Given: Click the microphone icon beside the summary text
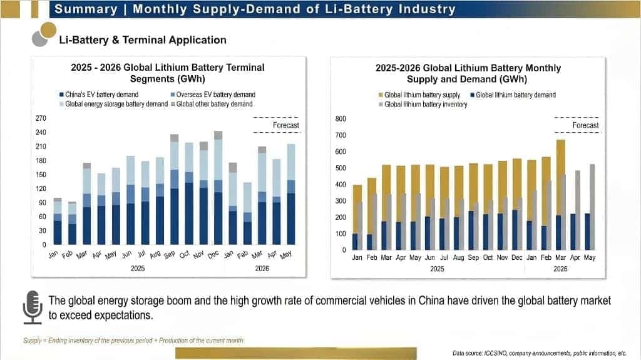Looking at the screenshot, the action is [33, 307].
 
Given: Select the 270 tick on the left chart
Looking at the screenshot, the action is [41, 118].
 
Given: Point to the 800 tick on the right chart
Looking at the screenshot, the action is [341, 118].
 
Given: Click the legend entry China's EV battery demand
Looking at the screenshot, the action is [99, 95].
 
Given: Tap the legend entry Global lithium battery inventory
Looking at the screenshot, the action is [423, 105].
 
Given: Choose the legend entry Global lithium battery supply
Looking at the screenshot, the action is [419, 95].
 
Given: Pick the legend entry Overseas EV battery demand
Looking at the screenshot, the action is [213, 95].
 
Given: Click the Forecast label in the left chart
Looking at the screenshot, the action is [285, 125].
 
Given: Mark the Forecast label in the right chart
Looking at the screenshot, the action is [585, 125].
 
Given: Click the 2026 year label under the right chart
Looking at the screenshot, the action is [560, 269].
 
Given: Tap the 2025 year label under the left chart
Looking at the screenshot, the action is [138, 269].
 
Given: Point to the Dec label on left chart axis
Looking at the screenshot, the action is [213, 254].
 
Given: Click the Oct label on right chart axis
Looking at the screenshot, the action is [488, 257].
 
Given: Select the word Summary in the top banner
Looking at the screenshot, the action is [86, 9].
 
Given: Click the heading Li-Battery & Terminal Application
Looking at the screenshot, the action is [143, 39].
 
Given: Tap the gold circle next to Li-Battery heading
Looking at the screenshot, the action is [48, 30].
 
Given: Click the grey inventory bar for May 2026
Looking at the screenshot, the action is [592, 207].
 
